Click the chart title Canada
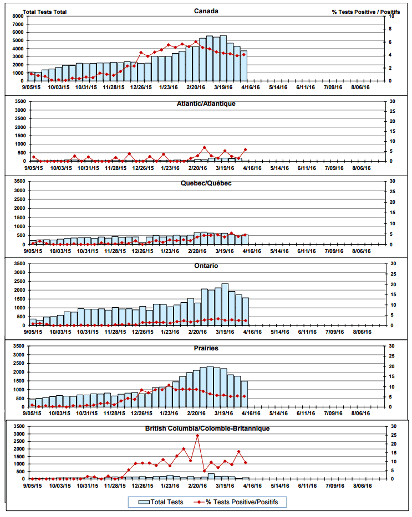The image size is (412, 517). click(206, 11)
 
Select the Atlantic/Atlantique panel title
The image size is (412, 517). click(206, 104)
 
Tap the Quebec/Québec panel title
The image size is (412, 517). click(206, 183)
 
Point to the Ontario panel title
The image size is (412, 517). click(206, 266)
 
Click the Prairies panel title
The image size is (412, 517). click(206, 348)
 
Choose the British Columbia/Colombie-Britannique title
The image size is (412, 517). click(206, 428)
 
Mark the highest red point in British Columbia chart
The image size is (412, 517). click(197, 436)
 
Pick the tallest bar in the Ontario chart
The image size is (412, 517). click(225, 304)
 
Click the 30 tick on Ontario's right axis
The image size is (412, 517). click(392, 263)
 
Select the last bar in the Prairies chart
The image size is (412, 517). click(245, 394)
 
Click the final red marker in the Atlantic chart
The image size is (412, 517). click(245, 149)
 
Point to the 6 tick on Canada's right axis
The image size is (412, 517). click(391, 42)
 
